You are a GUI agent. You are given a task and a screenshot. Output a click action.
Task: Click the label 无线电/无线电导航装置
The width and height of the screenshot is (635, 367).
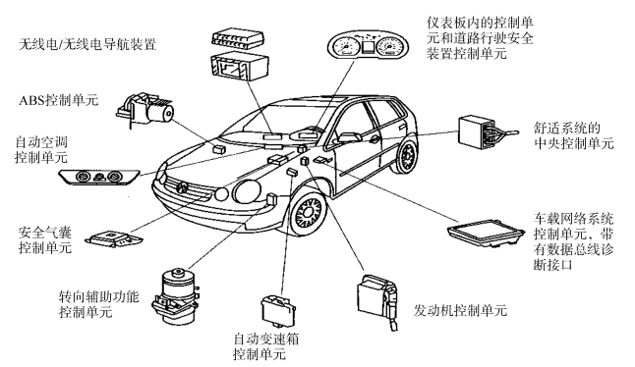pos(87,44)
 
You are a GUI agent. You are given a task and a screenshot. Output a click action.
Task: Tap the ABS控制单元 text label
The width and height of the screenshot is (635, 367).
pos(58,100)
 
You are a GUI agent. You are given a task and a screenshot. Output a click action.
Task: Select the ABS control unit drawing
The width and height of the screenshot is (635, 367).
pos(144,108)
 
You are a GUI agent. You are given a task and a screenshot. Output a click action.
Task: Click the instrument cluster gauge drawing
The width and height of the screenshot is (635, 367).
pos(368,46)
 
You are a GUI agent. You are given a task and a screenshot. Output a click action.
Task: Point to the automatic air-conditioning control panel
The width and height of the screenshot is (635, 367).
pos(99,177)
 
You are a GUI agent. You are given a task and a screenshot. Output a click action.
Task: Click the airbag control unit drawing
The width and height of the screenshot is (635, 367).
pos(114,237)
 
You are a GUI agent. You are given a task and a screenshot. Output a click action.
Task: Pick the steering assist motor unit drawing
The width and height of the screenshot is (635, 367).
pos(176,296)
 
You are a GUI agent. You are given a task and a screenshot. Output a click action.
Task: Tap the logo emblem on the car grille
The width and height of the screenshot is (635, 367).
pos(182,186)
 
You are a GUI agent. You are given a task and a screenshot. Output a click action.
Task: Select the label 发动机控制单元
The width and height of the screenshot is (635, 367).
pos(460,310)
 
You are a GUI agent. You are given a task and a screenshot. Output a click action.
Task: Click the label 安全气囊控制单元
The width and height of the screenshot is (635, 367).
pos(45,239)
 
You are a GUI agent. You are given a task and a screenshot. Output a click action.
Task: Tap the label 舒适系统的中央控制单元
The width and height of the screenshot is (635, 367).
pos(573,135)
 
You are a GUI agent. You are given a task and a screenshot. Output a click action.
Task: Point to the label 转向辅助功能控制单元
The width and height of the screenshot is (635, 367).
pos(98,304)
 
